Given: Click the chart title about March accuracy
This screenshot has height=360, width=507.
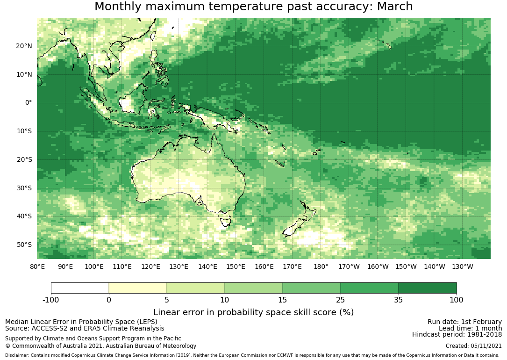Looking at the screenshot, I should pos(253,7).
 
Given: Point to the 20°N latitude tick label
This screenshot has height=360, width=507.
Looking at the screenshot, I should pos(24,46).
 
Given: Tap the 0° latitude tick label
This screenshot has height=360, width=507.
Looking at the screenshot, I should pos(29,103).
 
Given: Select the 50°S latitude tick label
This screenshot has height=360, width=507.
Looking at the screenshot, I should pos(24,245).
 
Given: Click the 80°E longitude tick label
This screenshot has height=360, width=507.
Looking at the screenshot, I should pos(37,266).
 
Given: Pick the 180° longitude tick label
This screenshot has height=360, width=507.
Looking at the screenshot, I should pos(321,266).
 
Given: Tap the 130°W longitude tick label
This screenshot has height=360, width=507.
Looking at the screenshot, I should pos(463,266).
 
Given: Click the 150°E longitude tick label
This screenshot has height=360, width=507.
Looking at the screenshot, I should pos(236,266).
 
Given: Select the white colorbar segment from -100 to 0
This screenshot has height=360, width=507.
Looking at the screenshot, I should pos(80,288).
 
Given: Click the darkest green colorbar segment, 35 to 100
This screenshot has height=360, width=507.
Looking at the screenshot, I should pos(427,288).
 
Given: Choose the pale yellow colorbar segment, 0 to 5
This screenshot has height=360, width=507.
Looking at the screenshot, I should pos(138,288).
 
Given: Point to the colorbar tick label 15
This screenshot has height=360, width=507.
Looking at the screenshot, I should pos(282,300).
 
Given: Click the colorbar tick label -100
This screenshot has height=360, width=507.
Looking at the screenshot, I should pos(51,300).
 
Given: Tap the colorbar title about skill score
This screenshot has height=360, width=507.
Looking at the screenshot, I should pos(253,312).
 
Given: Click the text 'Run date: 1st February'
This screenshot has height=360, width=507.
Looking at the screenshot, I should pos(464,322).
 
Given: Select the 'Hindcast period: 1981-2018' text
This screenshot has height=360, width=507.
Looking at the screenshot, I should pos(457,334).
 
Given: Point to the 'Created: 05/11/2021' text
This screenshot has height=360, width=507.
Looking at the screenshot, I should pos(473,346).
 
